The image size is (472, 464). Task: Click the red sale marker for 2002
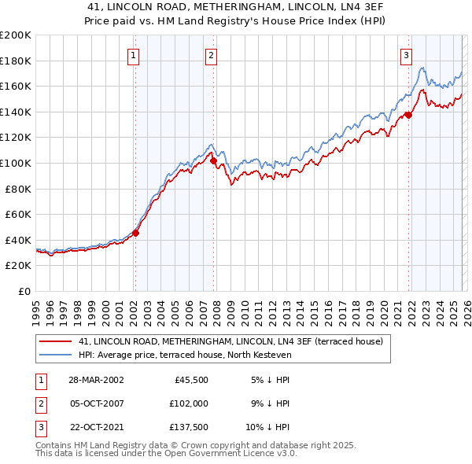(135, 233)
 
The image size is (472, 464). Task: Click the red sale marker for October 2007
(213, 160)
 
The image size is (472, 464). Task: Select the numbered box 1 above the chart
(135, 55)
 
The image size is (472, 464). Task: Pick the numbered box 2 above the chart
(212, 55)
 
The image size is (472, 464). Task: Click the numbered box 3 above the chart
(406, 55)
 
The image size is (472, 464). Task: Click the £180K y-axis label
(16, 61)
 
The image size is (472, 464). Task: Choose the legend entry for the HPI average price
(185, 355)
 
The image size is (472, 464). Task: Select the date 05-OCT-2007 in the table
(91, 403)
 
